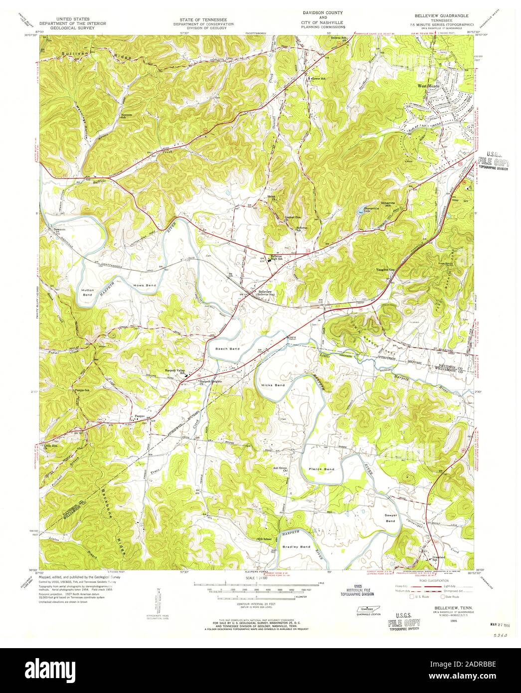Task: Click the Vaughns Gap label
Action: tap(386, 270)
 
